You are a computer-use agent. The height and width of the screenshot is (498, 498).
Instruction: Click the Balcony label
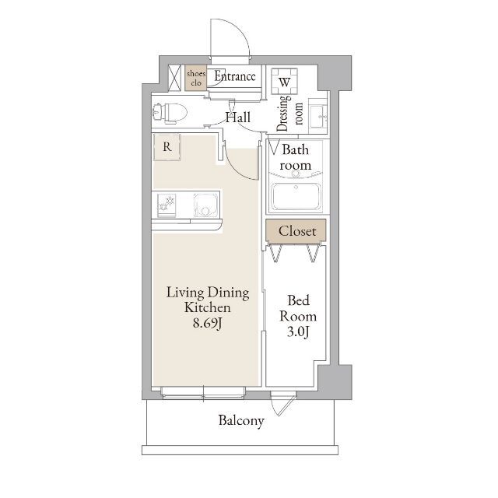point(241,421)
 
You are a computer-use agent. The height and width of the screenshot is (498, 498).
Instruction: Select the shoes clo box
point(196,78)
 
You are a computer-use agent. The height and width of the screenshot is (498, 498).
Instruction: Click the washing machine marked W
point(284,82)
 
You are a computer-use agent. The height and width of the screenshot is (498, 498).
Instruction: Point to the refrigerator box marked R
point(167,147)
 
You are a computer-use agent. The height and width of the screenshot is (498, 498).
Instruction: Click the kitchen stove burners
point(167,204)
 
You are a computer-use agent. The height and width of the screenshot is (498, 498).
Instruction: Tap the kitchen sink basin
point(205,205)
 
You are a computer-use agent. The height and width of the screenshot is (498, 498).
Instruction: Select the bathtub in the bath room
point(296,197)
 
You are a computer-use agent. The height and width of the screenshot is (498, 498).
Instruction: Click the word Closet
point(297,231)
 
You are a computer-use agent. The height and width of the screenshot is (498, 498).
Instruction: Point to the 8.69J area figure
point(207,324)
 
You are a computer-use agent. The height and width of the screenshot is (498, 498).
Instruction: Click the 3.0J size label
point(298,332)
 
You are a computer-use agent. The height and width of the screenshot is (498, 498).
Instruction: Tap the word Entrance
point(235,76)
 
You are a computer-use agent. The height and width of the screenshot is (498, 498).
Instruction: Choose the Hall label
point(238,117)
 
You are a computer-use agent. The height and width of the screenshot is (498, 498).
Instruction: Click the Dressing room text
point(289,113)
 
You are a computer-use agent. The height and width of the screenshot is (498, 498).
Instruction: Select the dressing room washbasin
point(318,116)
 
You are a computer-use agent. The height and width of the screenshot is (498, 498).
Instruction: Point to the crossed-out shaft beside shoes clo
point(174,78)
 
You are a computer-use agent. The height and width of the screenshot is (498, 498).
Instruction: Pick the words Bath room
point(296,157)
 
